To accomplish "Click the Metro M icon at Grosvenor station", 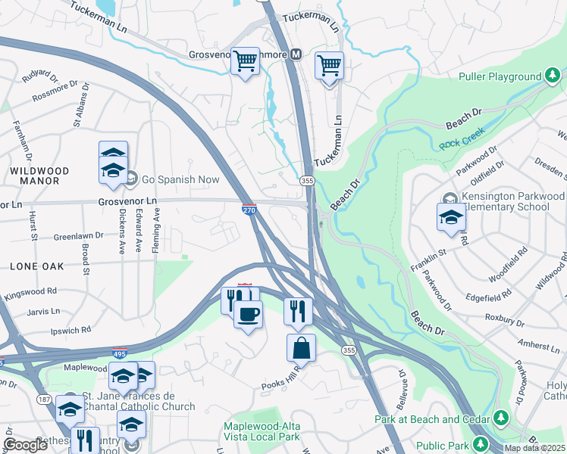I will [x=295, y=55].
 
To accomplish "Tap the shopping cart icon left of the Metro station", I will [x=245, y=61].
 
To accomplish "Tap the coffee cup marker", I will [x=247, y=314].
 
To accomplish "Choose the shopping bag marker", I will [x=301, y=348].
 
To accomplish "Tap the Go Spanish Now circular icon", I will [x=130, y=179].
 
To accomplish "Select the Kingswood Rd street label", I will [x=30, y=291].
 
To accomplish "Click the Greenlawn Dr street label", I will [x=77, y=237].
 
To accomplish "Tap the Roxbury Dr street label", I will [x=506, y=319].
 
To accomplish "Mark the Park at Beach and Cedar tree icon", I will [x=500, y=418].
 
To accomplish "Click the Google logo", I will [x=25, y=445].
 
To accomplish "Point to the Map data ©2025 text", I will [x=534, y=448].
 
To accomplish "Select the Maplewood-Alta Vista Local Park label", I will [x=262, y=432].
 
